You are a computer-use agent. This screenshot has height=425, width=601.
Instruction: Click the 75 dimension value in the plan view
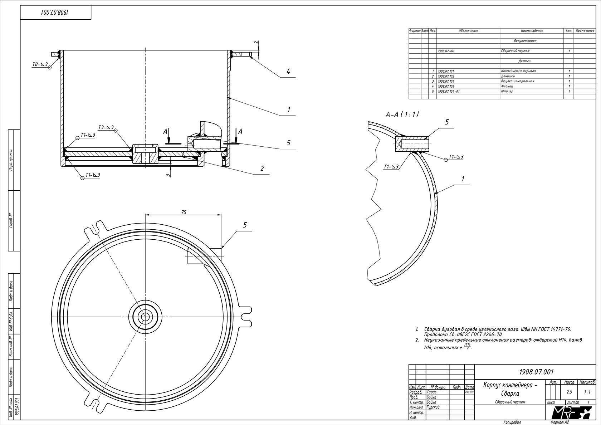click(184, 212)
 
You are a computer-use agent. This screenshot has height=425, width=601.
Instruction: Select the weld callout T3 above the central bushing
click(106, 127)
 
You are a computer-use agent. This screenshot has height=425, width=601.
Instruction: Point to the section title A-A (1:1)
click(402, 114)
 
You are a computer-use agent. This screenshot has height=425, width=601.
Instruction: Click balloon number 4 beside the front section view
click(288, 72)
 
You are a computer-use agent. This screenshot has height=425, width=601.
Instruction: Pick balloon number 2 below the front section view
click(262, 168)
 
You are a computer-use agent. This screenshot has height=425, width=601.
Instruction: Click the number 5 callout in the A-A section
click(446, 122)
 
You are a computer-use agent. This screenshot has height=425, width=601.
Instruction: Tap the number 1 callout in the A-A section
click(463, 179)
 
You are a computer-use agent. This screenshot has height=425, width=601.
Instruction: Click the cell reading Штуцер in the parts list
click(507, 92)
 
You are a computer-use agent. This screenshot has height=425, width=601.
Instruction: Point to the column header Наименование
click(532, 31)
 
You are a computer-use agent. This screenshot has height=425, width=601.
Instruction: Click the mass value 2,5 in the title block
click(569, 392)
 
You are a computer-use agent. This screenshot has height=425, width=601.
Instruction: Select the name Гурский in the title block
click(434, 407)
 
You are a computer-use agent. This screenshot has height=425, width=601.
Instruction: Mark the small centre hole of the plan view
click(145, 317)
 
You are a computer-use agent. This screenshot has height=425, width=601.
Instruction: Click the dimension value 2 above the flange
click(255, 42)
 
